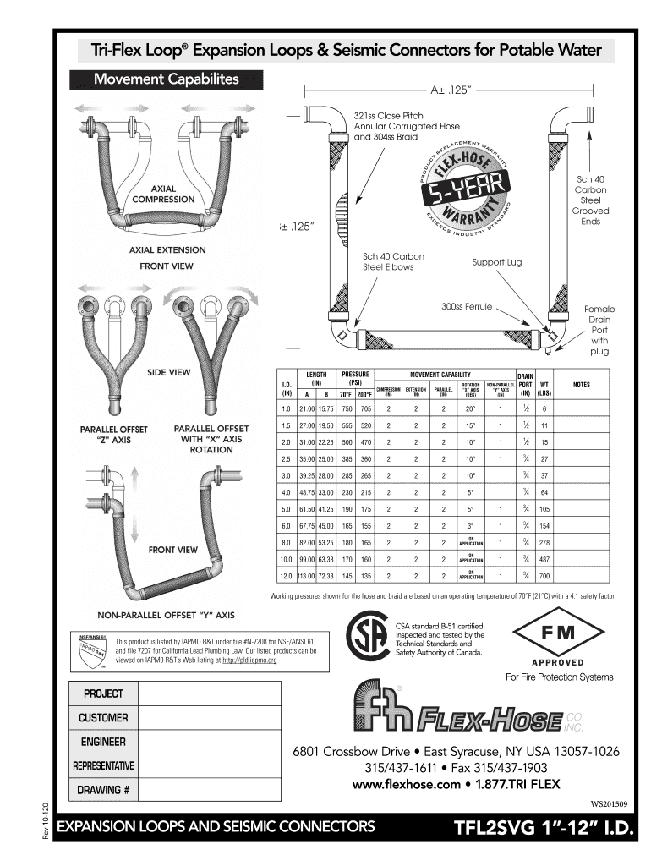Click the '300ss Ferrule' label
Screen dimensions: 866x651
[468, 307]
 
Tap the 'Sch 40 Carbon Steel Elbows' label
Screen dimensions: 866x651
[393, 261]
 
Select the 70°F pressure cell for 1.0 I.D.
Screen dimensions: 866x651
[347, 408]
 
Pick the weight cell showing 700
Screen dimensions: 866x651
[545, 576]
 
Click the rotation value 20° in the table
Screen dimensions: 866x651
[471, 408]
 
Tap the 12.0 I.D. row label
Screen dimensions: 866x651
[286, 576]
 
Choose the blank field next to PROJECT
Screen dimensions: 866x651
[209, 693]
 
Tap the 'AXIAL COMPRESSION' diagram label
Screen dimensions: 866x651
[161, 193]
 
